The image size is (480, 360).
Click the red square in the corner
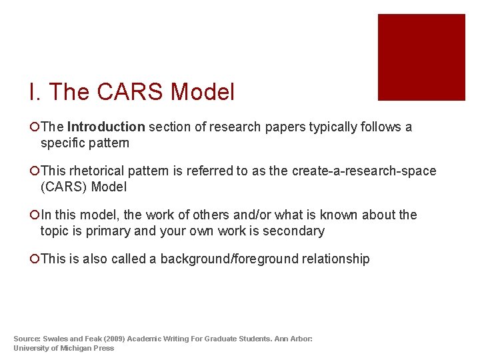(x=421, y=57)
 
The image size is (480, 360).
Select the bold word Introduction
(x=106, y=127)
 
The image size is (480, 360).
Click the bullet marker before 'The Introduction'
(x=34, y=127)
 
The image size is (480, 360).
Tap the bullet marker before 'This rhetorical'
(x=34, y=171)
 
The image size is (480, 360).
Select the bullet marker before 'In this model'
(x=34, y=215)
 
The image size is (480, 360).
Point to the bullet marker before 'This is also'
(x=34, y=259)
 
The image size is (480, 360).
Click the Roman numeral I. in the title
(x=34, y=92)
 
